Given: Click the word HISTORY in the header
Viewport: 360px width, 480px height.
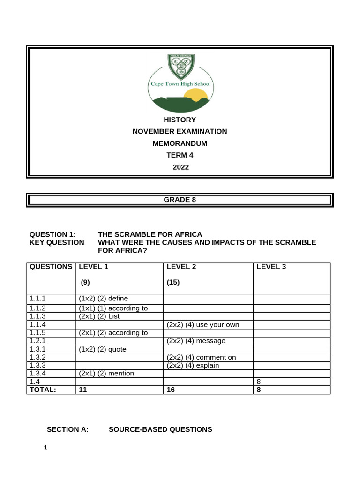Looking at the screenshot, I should pos(180,120).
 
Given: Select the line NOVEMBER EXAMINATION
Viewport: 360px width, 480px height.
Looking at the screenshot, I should pos(180,131).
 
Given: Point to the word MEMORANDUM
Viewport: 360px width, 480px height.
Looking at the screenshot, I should pos(180,143).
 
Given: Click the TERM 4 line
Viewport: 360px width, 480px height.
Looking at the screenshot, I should pos(180,155).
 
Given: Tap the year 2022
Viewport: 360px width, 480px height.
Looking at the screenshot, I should pos(180,166).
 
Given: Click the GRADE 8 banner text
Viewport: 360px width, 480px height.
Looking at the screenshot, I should pos(180,199).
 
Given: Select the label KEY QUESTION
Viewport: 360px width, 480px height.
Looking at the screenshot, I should pos(57,242).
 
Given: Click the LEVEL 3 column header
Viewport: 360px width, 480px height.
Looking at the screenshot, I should pos(271,267).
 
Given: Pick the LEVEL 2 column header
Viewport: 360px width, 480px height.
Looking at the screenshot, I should pos(181,267).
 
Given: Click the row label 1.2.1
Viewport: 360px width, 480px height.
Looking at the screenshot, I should pos(38,341).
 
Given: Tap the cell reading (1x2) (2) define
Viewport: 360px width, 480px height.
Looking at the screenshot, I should pos(103,299).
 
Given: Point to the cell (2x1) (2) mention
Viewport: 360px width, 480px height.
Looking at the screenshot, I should pos(106,373).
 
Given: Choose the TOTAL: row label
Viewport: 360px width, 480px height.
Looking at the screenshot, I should pos(43,390).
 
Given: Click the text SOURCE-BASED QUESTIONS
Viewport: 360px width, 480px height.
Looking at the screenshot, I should pos(160,429).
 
